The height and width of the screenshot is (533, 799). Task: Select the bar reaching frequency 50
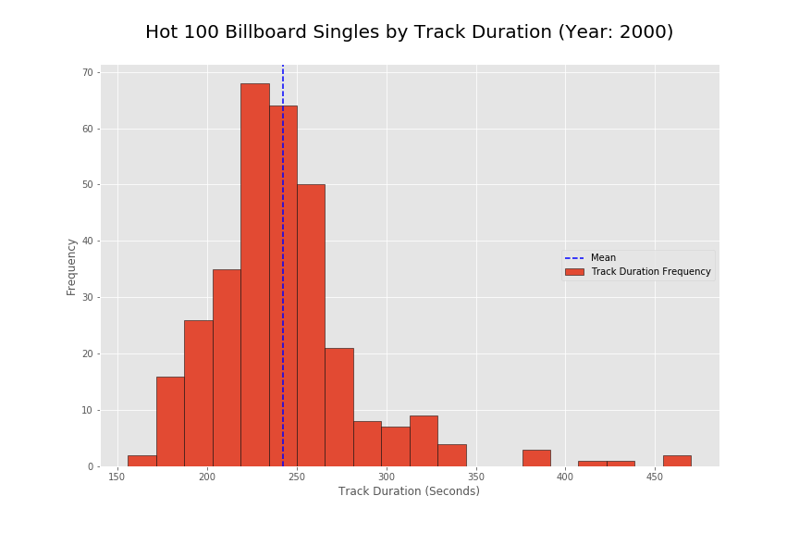click(311, 325)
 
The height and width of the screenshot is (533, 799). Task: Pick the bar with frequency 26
click(198, 393)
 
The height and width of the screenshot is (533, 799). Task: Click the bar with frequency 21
click(338, 407)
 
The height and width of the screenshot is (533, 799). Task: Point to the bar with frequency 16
click(170, 421)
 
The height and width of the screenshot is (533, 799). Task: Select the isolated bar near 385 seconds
click(536, 458)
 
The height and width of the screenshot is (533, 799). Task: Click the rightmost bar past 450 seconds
click(677, 461)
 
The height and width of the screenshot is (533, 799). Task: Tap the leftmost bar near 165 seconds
click(141, 461)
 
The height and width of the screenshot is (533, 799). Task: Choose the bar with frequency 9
click(424, 441)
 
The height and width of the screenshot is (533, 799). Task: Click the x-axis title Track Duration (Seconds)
click(409, 491)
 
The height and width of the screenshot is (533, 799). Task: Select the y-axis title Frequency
click(71, 266)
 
